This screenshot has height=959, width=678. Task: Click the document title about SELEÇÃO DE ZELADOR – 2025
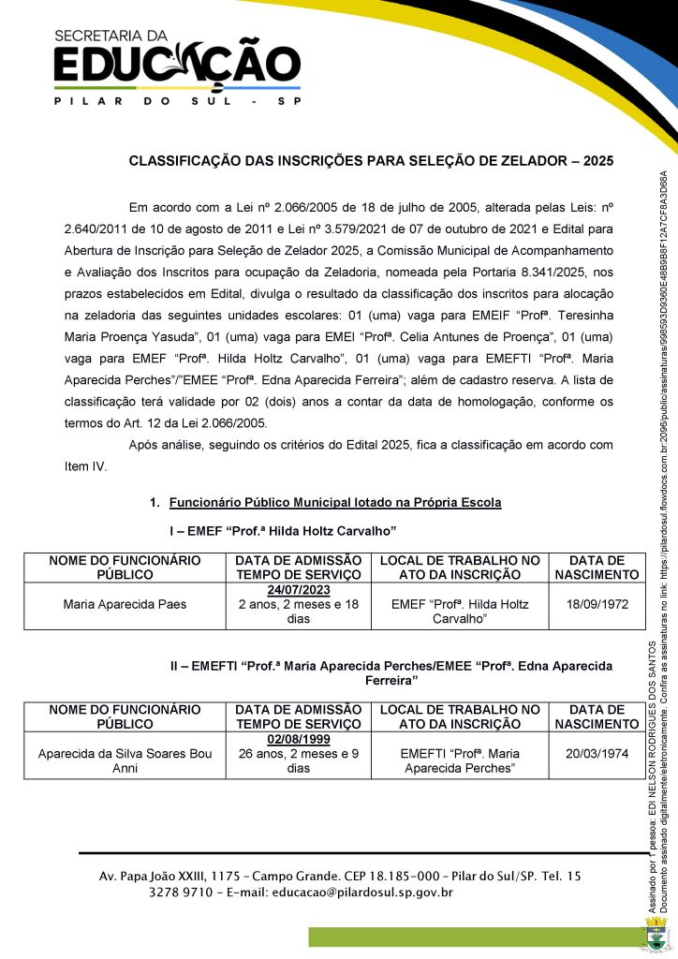pyautogui.click(x=371, y=161)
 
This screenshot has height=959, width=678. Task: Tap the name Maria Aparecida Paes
pyautogui.click(x=125, y=604)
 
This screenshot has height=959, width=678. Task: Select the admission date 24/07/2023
pyautogui.click(x=299, y=591)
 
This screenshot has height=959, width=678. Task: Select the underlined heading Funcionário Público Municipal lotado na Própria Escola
pyautogui.click(x=335, y=503)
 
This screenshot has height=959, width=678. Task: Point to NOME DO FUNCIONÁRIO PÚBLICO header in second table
pyautogui.click(x=125, y=716)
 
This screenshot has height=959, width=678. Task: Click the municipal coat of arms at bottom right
pyautogui.click(x=657, y=936)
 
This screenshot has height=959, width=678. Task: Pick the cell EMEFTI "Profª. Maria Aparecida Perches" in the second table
pyautogui.click(x=459, y=760)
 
